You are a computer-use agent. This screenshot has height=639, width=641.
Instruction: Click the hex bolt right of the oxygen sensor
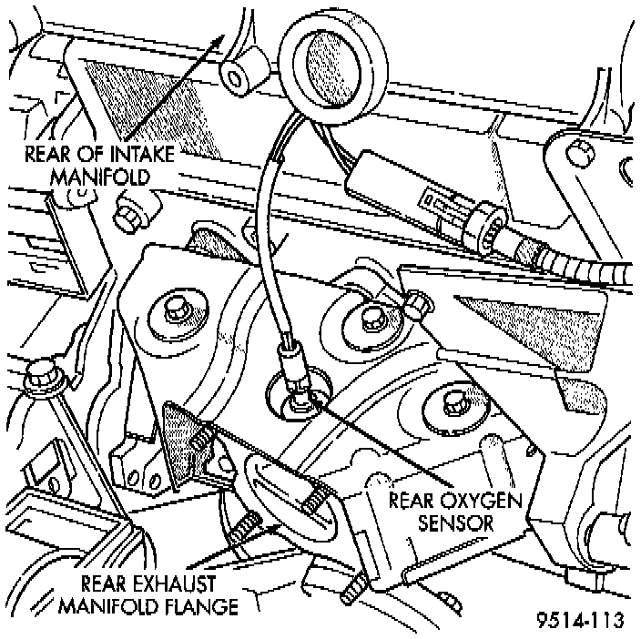tap(371, 318)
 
